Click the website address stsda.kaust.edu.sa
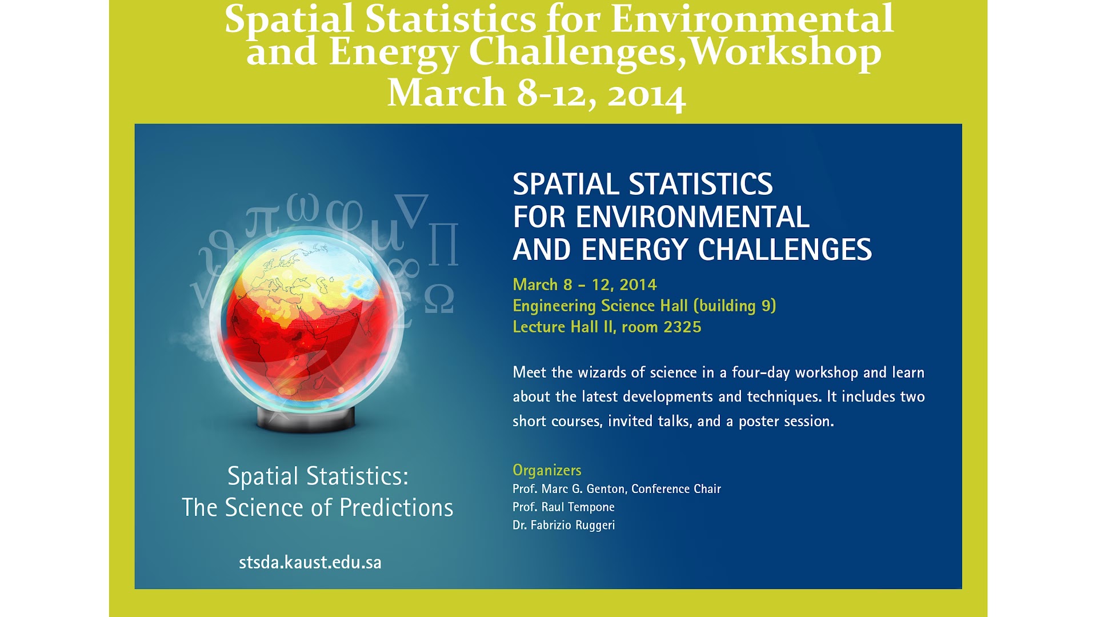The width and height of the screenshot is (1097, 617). pyautogui.click(x=310, y=563)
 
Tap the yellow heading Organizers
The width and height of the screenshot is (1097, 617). pyautogui.click(x=547, y=470)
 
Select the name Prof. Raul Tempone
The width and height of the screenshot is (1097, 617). pyautogui.click(x=563, y=507)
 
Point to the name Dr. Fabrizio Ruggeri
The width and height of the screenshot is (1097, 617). pyautogui.click(x=563, y=526)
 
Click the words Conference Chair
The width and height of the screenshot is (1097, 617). pyautogui.click(x=676, y=489)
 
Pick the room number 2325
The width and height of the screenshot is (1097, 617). pyautogui.click(x=682, y=327)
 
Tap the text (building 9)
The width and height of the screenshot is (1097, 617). pyautogui.click(x=735, y=306)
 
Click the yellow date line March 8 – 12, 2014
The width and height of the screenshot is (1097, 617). pyautogui.click(x=584, y=285)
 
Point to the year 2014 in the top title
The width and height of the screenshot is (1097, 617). pyautogui.click(x=646, y=95)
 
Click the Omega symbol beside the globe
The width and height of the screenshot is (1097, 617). pyautogui.click(x=439, y=300)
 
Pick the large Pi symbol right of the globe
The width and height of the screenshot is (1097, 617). pyautogui.click(x=443, y=244)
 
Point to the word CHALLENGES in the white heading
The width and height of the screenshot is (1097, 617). pyautogui.click(x=784, y=250)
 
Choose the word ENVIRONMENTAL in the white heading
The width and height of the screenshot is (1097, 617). pyautogui.click(x=692, y=218)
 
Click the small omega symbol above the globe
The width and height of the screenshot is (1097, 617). pyautogui.click(x=303, y=207)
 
